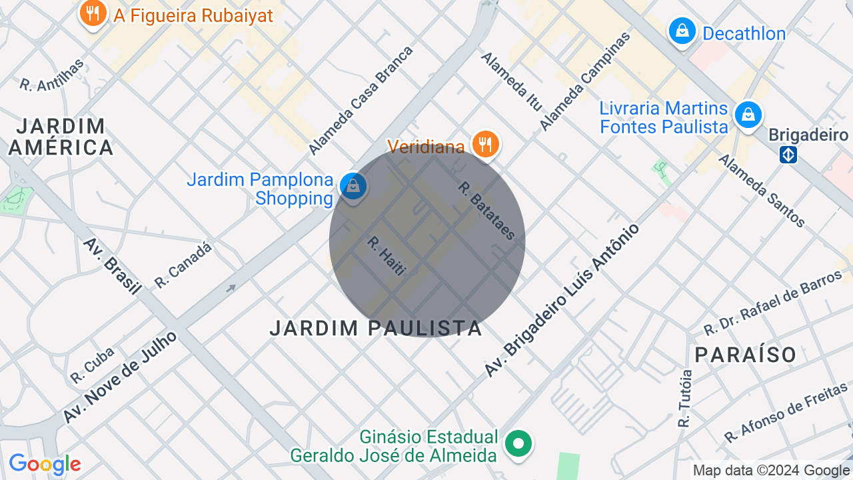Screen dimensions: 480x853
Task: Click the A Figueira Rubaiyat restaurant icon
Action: (93, 13)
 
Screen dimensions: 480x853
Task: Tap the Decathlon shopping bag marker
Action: (682, 31)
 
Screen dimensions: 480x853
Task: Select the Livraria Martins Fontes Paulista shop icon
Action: (748, 115)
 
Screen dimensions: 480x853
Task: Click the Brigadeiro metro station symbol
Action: (788, 155)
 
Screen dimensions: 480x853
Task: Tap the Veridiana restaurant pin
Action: (485, 144)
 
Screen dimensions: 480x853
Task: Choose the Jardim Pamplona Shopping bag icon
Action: (353, 187)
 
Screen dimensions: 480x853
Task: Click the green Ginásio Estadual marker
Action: (518, 443)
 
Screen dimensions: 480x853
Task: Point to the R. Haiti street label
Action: (387, 257)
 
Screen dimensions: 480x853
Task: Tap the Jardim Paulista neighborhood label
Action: (376, 328)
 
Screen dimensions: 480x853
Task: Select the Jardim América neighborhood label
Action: (61, 137)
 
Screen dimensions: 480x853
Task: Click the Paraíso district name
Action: (746, 355)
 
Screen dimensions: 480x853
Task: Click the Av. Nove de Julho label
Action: (121, 377)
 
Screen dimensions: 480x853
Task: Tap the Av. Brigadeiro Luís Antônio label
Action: (562, 300)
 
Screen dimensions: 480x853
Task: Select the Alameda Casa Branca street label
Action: (361, 100)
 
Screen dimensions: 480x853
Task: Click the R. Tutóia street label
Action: (684, 398)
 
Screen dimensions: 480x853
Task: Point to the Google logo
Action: (45, 464)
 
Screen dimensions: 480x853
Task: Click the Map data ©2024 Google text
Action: (771, 471)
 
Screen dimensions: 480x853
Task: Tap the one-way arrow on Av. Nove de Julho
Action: (231, 288)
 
